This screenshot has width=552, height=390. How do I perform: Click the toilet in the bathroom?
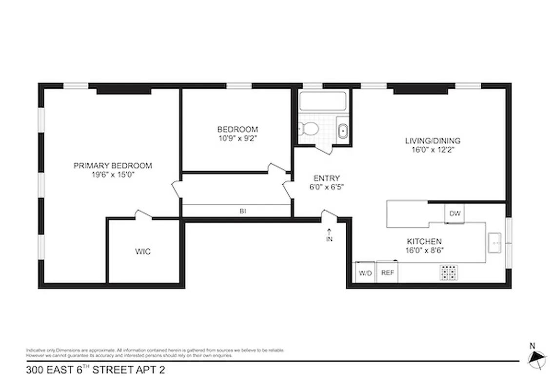point(309,129)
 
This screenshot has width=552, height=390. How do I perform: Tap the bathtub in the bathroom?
point(323,101)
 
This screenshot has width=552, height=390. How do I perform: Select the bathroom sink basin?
point(342,131)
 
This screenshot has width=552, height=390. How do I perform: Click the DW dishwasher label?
point(454,214)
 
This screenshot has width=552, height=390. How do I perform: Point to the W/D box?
point(365,273)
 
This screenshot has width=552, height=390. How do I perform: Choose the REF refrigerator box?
point(387,273)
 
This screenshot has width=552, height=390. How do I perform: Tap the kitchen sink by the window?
point(495,241)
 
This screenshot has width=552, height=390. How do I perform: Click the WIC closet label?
point(143,252)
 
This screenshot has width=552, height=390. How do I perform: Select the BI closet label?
point(242,211)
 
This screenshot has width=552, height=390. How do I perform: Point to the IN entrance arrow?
point(329,235)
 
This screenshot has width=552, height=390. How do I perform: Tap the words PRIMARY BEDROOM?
point(113,166)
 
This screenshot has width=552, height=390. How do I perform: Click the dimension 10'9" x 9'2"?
point(237,138)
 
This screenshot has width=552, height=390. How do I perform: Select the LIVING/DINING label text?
point(433,141)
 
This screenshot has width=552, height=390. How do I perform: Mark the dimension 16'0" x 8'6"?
point(424,250)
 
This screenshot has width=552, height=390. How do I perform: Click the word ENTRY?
point(326,178)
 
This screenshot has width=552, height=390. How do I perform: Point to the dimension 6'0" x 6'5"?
point(326,187)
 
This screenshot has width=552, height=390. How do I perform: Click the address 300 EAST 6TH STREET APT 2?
point(95,370)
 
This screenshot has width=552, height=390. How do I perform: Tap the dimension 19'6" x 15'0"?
point(113,175)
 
